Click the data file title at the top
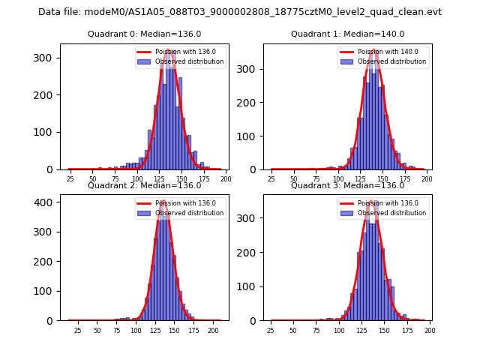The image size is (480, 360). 240,12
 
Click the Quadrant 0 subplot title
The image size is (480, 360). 145,34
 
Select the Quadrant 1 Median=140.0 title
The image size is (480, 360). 347,34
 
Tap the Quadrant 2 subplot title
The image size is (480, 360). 145,185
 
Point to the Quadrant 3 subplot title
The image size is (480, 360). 347,185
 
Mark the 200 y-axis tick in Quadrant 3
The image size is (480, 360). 249,253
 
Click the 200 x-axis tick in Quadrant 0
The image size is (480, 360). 226,180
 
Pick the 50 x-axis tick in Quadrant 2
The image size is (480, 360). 97,331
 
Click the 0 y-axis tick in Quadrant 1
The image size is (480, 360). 255,169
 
